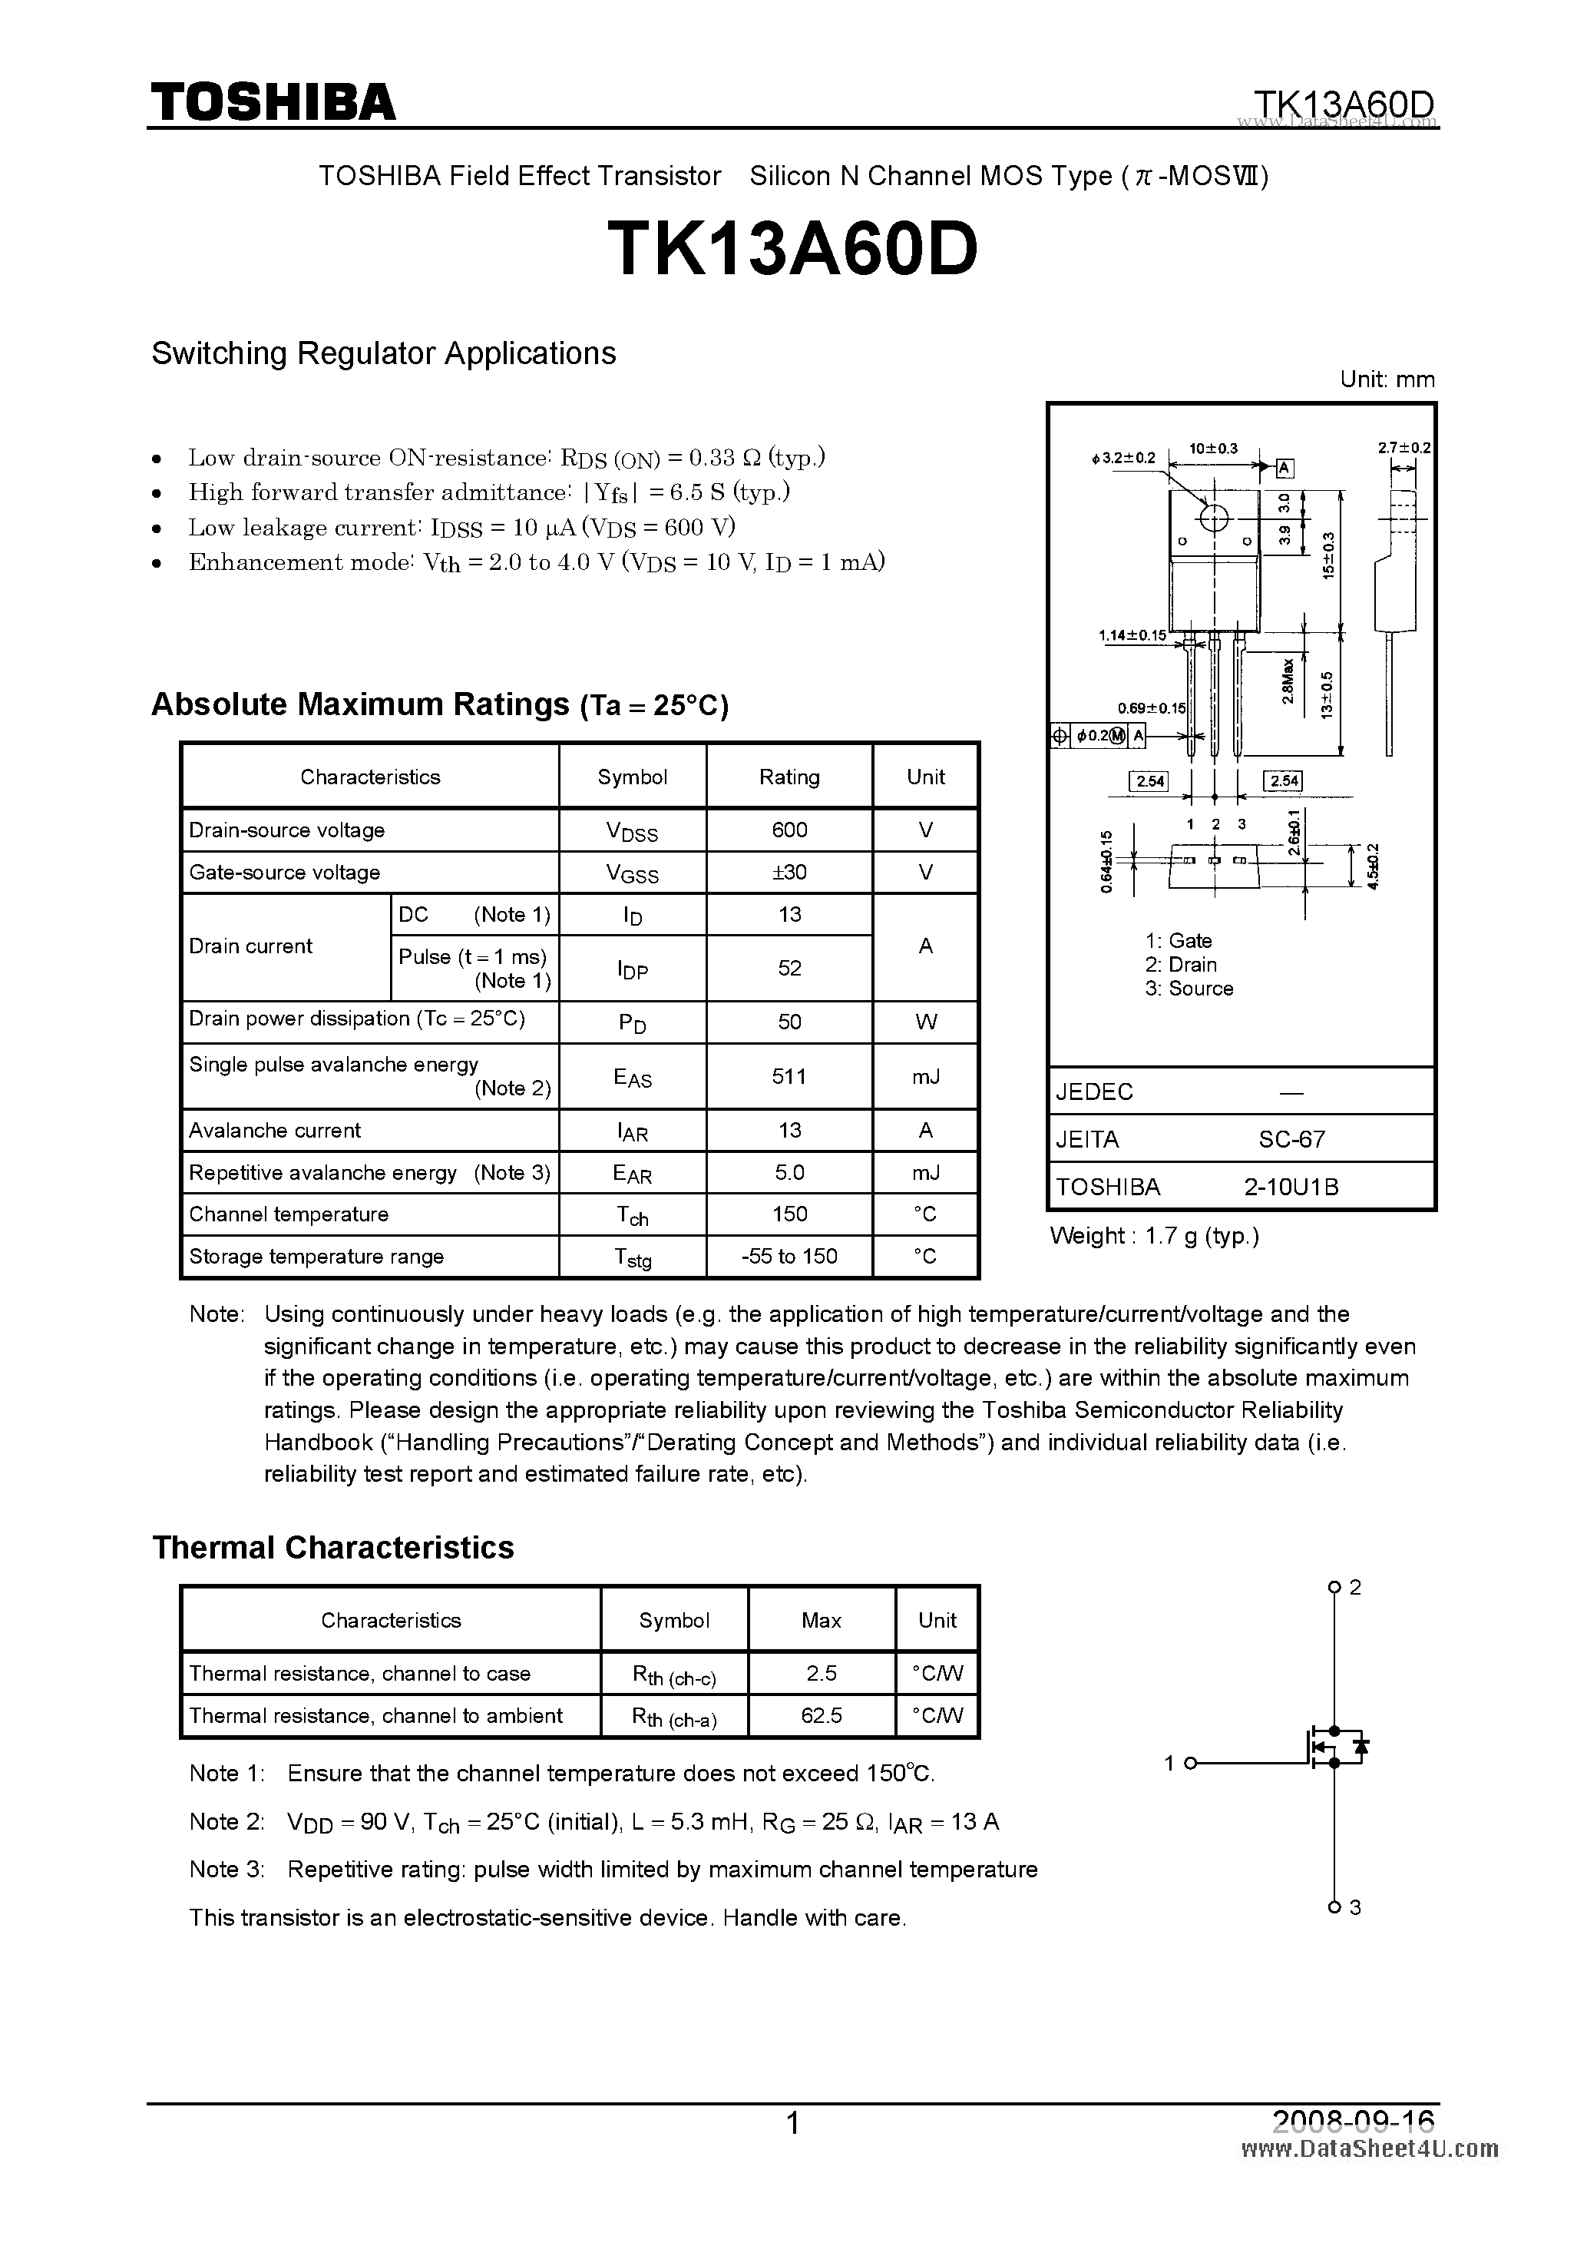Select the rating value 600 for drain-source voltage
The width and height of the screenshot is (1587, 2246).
coord(789,830)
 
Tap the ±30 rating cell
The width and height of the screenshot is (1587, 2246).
coord(789,872)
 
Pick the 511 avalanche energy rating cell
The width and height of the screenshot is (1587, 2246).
coord(789,1076)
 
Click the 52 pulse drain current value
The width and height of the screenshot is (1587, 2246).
coord(789,968)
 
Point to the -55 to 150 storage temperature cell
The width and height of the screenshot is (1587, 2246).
coord(789,1256)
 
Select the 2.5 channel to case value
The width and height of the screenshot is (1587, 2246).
coord(821,1673)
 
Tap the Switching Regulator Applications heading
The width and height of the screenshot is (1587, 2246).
coord(383,353)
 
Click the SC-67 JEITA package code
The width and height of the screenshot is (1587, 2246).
coord(1291,1138)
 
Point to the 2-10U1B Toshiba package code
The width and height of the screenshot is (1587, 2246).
coord(1291,1187)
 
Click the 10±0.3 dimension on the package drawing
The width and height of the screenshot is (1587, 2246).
coord(1212,449)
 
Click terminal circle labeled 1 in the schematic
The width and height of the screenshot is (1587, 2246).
coord(1190,1764)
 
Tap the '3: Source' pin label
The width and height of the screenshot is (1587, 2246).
coord(1189,988)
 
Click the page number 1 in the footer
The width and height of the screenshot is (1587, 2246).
coord(793,2123)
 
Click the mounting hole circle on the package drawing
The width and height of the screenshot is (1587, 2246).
coord(1213,518)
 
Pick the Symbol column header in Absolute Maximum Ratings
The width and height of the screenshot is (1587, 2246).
coord(632,777)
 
